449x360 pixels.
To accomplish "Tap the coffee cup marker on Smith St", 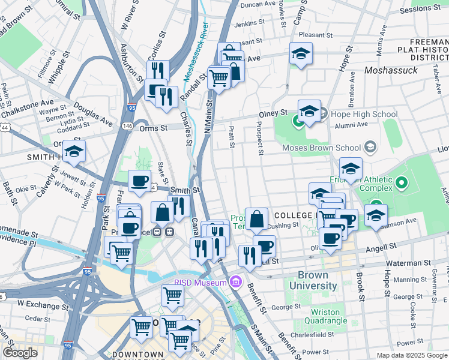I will tap(140, 181).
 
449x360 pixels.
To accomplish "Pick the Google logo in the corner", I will tap(20, 352).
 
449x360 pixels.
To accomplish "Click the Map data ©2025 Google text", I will tap(412, 355).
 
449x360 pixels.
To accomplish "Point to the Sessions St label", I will tap(420, 9).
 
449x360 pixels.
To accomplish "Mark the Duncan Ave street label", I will tap(258, 5).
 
